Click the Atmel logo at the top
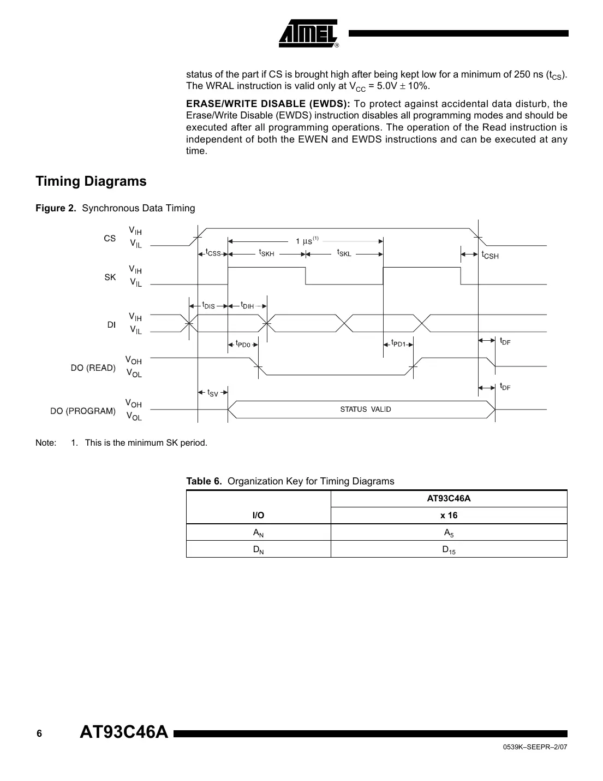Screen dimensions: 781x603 click(x=309, y=33)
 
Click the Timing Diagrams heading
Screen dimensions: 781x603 click(x=91, y=181)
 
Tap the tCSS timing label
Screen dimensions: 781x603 click(x=213, y=253)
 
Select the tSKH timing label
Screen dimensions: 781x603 click(x=266, y=253)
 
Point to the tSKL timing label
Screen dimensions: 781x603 click(x=344, y=253)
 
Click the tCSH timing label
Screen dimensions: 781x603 click(x=489, y=255)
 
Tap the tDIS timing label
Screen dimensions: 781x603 click(x=208, y=306)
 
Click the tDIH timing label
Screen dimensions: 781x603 click(x=247, y=306)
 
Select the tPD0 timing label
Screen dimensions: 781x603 click(x=243, y=345)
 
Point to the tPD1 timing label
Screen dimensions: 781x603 click(x=399, y=344)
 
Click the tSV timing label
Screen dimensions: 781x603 click(x=212, y=393)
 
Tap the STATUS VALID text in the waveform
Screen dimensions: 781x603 click(x=366, y=410)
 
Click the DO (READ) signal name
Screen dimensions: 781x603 click(x=93, y=368)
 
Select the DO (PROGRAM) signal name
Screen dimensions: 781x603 click(x=83, y=411)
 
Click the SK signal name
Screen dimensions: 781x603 click(x=110, y=277)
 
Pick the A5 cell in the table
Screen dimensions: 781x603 click(x=449, y=533)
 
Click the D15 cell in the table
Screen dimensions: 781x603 click(x=449, y=550)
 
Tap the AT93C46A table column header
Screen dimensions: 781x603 click(x=449, y=499)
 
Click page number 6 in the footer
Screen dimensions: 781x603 click(x=39, y=733)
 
